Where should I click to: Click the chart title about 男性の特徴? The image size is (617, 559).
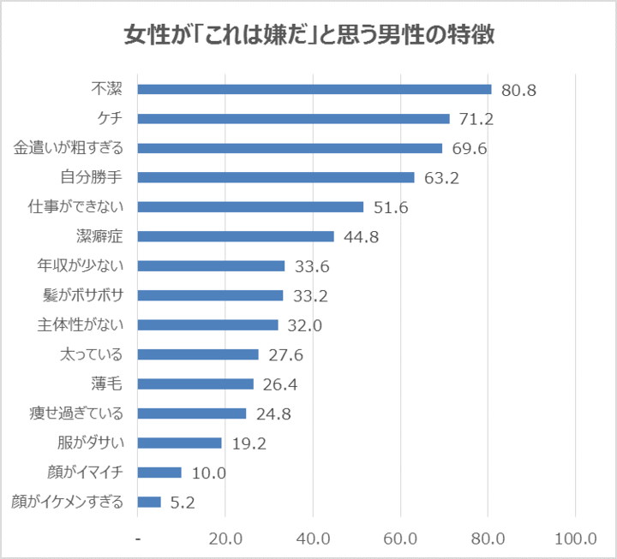click(x=308, y=36)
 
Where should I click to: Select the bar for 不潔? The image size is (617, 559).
click(x=314, y=89)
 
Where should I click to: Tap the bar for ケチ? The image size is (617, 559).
click(x=293, y=119)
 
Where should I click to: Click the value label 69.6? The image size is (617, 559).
click(x=470, y=148)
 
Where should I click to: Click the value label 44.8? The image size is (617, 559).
click(x=361, y=237)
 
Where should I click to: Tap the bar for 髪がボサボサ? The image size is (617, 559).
click(x=210, y=295)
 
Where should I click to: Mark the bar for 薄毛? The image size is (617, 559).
click(x=195, y=384)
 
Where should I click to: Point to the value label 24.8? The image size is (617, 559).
click(x=273, y=413)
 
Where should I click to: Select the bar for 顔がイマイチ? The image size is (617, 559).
click(x=159, y=473)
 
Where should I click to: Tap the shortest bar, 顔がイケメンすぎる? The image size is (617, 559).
click(x=149, y=502)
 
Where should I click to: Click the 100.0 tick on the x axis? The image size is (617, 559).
click(x=575, y=538)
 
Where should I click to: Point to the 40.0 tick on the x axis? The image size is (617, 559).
click(x=313, y=538)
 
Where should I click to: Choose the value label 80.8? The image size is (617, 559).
click(x=518, y=90)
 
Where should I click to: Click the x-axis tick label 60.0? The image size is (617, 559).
click(x=400, y=538)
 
